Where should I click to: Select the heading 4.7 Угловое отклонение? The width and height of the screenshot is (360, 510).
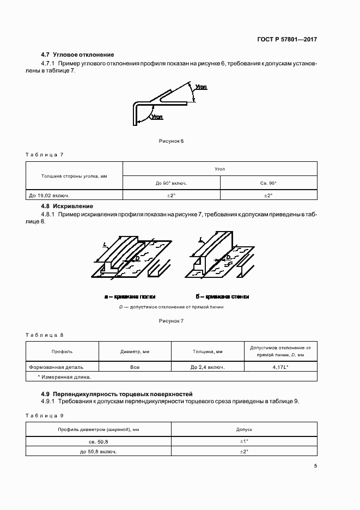[x=77, y=54]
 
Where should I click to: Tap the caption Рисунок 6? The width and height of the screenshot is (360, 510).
[x=172, y=141]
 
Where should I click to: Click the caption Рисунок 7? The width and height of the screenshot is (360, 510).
[x=172, y=321]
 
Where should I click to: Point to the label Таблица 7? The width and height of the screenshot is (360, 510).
[x=45, y=155]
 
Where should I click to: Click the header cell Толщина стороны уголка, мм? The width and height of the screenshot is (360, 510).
[x=74, y=176]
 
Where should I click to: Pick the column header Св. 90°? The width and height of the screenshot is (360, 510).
[x=269, y=183]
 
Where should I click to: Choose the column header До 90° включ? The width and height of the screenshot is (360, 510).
[x=172, y=183]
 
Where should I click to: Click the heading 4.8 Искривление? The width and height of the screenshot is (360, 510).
[x=68, y=206]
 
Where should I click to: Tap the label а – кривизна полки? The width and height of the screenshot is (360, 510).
[x=130, y=297]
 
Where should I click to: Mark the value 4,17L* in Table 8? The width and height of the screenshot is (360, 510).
[x=280, y=367]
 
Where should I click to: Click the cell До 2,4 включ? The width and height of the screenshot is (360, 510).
[x=208, y=367]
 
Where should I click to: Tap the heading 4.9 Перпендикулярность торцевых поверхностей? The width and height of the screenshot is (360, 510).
[x=117, y=393]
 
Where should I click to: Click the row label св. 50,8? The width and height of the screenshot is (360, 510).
[x=99, y=441]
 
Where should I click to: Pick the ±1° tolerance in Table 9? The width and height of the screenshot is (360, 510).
[x=244, y=441]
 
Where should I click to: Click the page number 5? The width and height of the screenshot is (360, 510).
[x=315, y=465]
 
